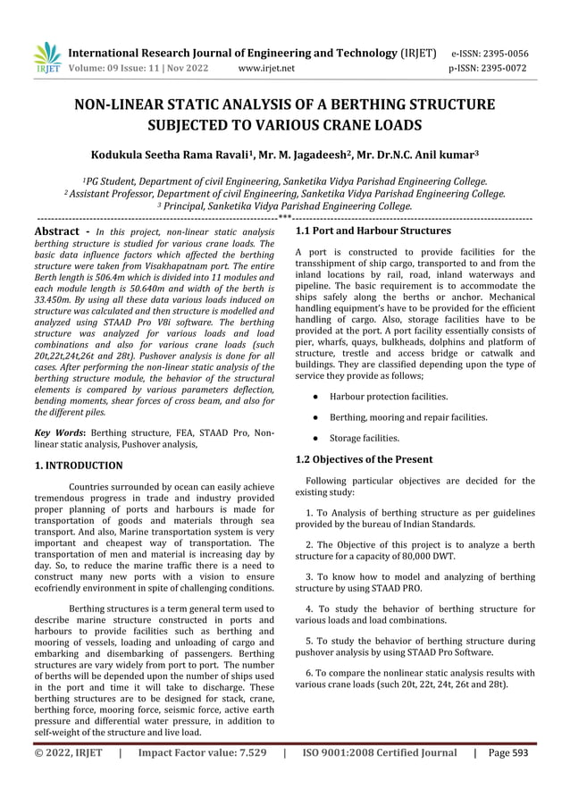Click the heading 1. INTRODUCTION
pos(78,466)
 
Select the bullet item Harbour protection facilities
pos(389,396)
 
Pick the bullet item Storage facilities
pos(364,439)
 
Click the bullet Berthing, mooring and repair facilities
pos(407,417)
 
